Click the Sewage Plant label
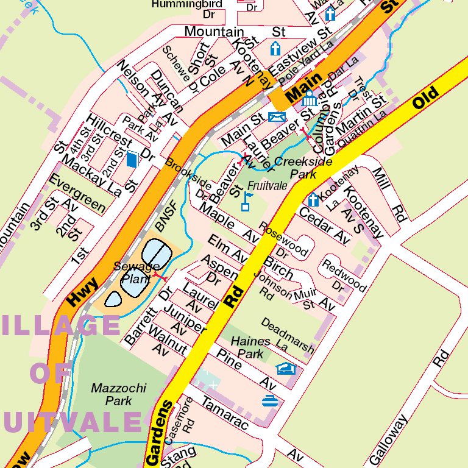point(137,272)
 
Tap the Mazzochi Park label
point(110,394)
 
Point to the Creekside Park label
point(303,168)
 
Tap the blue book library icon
point(132,160)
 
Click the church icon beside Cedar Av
point(313,200)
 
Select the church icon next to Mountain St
point(275,49)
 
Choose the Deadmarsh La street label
point(288,336)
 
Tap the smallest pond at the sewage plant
point(113,299)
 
